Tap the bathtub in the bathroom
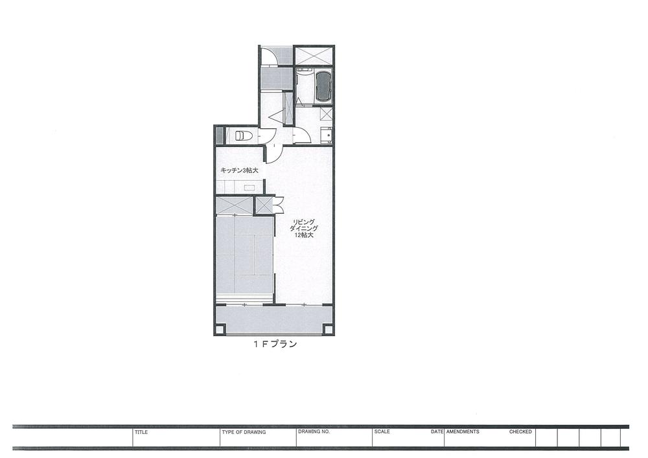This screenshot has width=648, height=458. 323,87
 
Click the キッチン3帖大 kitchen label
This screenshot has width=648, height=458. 239,170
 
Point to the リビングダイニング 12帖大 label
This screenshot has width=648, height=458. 305,228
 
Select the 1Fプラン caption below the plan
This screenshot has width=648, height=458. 275,345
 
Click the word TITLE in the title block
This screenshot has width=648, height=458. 141,431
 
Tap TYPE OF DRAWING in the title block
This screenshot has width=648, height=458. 244,431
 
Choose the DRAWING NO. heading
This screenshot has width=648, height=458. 314,431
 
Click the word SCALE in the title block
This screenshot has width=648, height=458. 382,431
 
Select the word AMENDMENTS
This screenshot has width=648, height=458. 463,431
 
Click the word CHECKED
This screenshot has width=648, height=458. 520,431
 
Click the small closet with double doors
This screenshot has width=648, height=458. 265,205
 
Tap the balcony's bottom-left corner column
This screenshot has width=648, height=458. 220,330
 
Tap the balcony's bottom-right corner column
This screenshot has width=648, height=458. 329,330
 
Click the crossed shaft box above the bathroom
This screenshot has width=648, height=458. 314,56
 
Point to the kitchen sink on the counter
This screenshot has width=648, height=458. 249,187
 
